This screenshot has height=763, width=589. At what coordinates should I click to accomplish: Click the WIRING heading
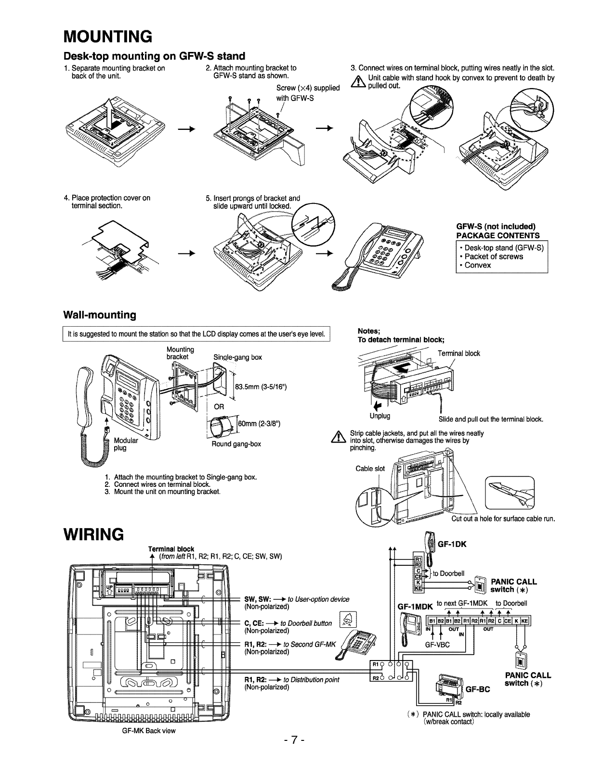click(x=94, y=534)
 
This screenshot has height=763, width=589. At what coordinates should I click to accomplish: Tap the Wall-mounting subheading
click(x=100, y=315)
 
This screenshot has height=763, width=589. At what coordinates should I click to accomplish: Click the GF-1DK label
click(x=452, y=544)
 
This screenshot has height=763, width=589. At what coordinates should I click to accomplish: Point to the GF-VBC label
click(x=437, y=645)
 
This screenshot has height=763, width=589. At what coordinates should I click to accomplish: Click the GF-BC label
click(x=477, y=689)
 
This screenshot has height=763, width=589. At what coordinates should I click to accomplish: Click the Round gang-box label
click(x=236, y=444)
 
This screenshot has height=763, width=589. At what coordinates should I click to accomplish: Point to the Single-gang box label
click(x=237, y=357)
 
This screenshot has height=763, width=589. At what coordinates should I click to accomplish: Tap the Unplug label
click(x=380, y=416)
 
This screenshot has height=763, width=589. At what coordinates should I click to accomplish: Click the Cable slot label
click(x=370, y=469)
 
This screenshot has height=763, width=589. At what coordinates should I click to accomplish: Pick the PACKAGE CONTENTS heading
click(x=497, y=235)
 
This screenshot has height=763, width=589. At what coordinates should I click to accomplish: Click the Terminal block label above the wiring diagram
click(x=172, y=549)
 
